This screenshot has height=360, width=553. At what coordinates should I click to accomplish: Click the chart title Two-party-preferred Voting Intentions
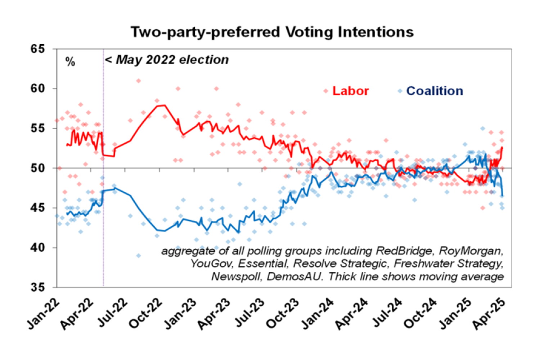click(272, 32)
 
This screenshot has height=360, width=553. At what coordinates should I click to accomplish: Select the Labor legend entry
click(350, 91)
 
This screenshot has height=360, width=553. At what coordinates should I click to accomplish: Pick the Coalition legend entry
click(434, 91)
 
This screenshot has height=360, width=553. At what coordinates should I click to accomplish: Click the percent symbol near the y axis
click(70, 62)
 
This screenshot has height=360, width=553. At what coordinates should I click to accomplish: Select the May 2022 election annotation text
click(167, 60)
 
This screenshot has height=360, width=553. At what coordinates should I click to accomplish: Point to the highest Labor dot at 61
click(138, 81)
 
